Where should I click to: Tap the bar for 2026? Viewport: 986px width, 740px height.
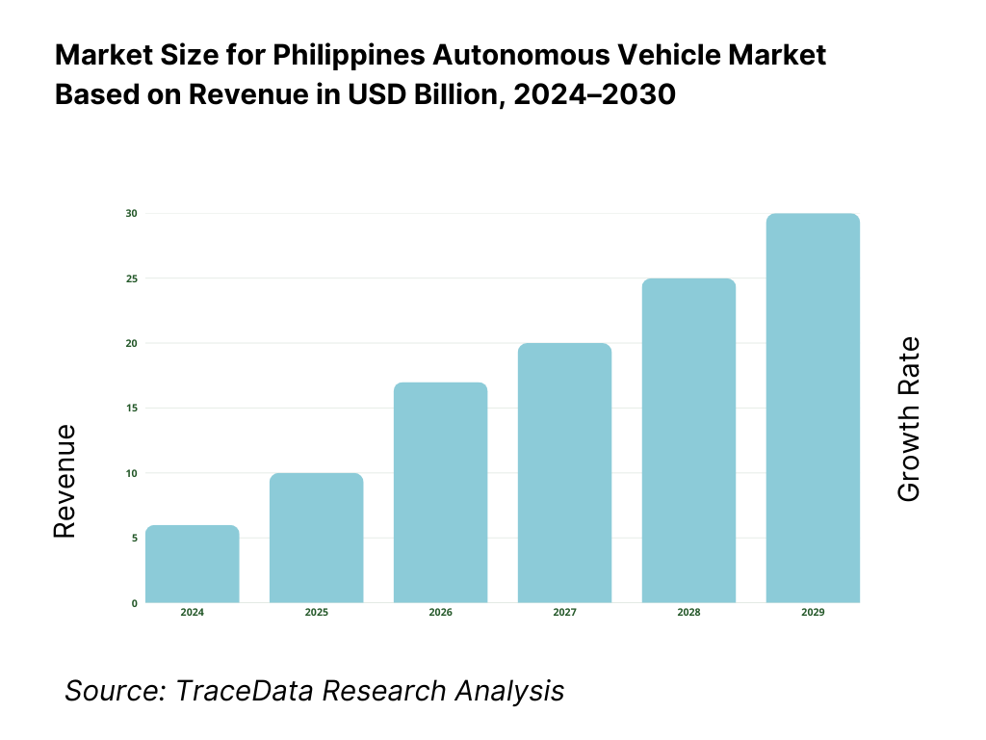click(x=441, y=492)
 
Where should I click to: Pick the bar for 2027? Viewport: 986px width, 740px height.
click(x=565, y=473)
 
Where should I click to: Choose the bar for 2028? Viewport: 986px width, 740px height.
click(x=689, y=440)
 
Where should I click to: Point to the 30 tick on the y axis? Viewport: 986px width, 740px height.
click(x=132, y=213)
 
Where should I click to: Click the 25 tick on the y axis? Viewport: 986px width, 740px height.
click(x=132, y=278)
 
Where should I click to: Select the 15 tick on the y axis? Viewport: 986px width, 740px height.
click(x=132, y=409)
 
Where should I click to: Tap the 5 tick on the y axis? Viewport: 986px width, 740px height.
click(x=134, y=538)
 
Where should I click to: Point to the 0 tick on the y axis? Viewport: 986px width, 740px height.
click(x=134, y=603)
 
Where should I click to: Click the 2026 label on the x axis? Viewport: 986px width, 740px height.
click(x=441, y=613)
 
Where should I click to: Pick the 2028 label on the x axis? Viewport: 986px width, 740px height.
click(x=689, y=613)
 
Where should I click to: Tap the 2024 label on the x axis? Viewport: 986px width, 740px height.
click(x=193, y=613)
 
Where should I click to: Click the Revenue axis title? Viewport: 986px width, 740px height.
click(x=65, y=481)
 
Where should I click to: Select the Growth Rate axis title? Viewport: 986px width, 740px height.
click(x=908, y=419)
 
